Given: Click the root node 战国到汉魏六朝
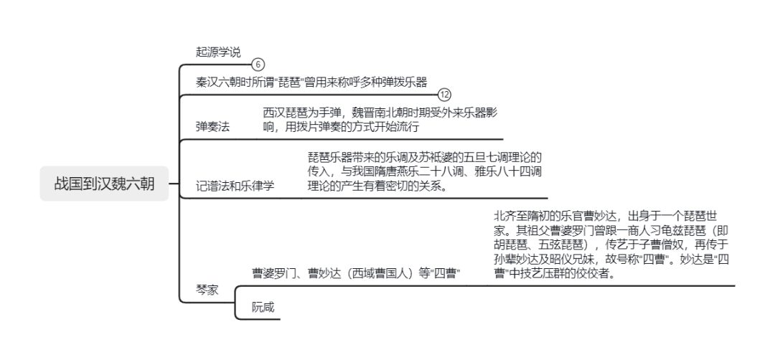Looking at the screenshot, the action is [x=104, y=184].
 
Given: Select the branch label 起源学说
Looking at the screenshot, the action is [x=218, y=52].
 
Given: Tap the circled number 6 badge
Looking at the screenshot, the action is [x=258, y=65].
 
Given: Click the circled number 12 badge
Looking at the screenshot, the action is [x=445, y=95].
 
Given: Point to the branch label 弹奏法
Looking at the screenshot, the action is [x=213, y=126].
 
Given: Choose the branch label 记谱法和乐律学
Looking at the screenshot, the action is [x=235, y=186].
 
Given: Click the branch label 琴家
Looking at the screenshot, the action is [x=207, y=290].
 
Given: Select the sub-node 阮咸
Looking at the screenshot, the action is [x=263, y=307].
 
